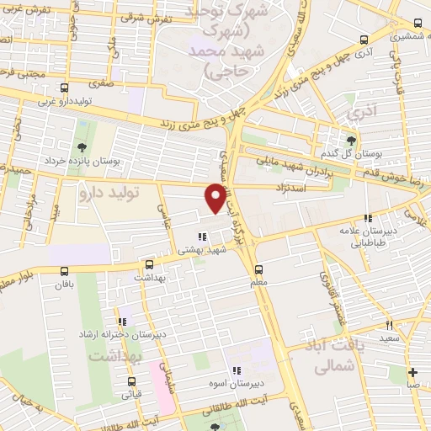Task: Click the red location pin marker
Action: pos(215,197)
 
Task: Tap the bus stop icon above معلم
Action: pos(259,269)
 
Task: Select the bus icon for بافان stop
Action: pos(65,270)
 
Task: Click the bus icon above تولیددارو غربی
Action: pos(65,88)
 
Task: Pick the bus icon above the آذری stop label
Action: pos(364,39)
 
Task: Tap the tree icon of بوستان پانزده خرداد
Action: pos(82,126)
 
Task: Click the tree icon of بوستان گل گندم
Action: pos(351,141)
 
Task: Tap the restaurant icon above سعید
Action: pos(389,325)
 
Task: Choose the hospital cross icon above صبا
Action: pos(412,372)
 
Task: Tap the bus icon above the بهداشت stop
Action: pos(150,263)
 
